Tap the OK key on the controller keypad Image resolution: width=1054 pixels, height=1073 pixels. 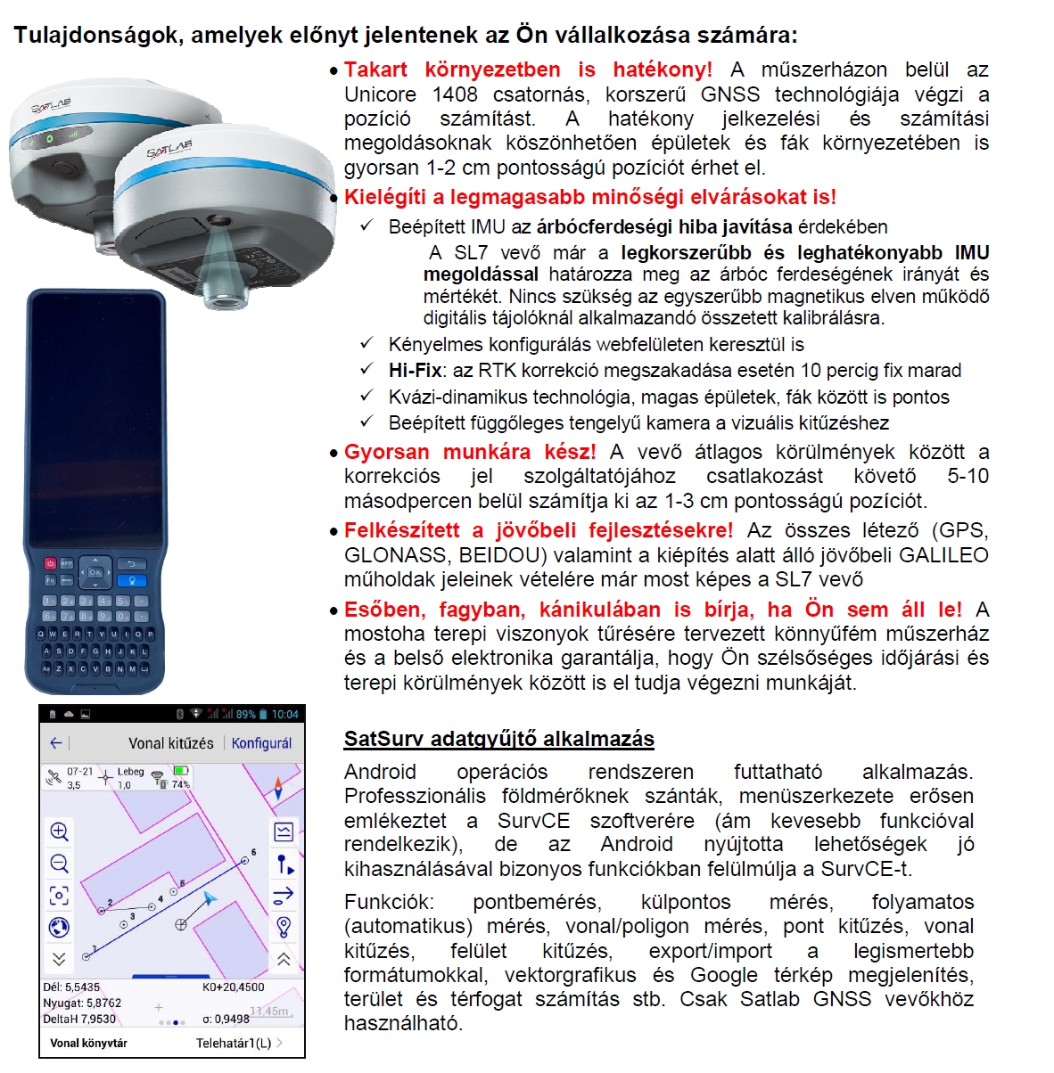click(x=95, y=572)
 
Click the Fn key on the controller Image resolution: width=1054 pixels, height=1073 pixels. click(x=50, y=580)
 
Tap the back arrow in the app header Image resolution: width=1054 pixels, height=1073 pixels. click(x=56, y=742)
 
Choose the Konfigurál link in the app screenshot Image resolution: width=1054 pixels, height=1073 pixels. click(x=261, y=743)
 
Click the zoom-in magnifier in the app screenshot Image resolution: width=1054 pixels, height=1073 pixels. click(x=59, y=832)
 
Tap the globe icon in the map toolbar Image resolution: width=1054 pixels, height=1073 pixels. click(x=59, y=928)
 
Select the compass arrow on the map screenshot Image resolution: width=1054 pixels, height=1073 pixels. click(x=278, y=788)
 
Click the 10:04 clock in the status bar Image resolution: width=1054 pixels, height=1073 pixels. click(x=285, y=715)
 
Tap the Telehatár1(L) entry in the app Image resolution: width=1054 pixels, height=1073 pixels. click(x=234, y=1043)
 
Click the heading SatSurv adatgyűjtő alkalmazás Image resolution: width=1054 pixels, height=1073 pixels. click(x=498, y=739)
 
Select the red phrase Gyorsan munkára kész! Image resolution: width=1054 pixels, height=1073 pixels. click(x=470, y=452)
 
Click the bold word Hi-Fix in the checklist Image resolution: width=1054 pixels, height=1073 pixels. click(x=415, y=371)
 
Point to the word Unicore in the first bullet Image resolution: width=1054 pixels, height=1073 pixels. click(x=380, y=94)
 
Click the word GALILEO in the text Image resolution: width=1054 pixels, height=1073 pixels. click(x=943, y=555)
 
